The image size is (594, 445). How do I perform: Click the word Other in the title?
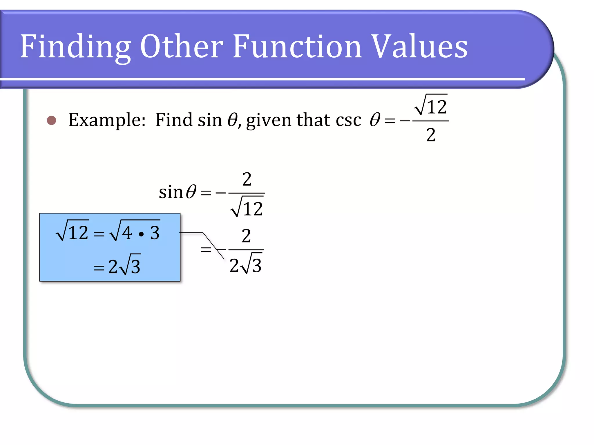coord(182,46)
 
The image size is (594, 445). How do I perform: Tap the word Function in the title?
coord(297,46)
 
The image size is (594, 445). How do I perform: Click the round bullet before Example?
coord(52,120)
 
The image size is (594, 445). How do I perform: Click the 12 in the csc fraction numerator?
coord(437,107)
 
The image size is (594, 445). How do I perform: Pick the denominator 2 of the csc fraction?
coord(431,135)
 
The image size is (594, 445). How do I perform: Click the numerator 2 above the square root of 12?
coord(247,179)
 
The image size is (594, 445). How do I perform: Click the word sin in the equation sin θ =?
coord(171,192)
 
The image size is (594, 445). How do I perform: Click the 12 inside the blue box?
coord(78,232)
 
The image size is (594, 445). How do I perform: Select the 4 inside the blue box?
coord(127,233)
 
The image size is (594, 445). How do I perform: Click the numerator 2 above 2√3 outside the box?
coord(246,236)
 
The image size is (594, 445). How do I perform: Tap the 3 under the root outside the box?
coord(257,265)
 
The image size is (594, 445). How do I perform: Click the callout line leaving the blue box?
coord(191,233)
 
